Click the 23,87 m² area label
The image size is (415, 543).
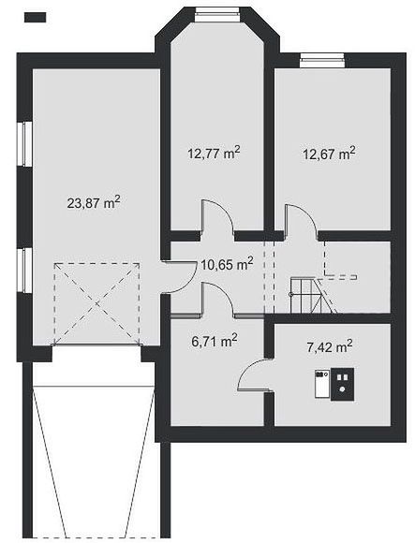click(94, 202)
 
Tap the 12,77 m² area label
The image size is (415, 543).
click(214, 153)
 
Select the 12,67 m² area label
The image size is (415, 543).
click(329, 153)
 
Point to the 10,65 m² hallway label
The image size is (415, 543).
click(227, 264)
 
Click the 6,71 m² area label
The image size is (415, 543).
click(215, 341)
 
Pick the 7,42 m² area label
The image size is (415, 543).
click(330, 346)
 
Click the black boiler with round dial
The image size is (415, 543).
click(342, 385)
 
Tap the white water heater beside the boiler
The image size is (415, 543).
click(322, 384)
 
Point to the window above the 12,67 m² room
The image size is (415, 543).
click(322, 60)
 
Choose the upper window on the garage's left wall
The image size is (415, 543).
click(25, 144)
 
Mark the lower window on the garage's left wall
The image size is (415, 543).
click(25, 271)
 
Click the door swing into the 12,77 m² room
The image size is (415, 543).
click(217, 215)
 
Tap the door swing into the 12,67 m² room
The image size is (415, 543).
click(300, 219)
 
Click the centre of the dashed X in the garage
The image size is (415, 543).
click(96, 303)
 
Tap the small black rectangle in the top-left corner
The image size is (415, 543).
click(35, 17)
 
